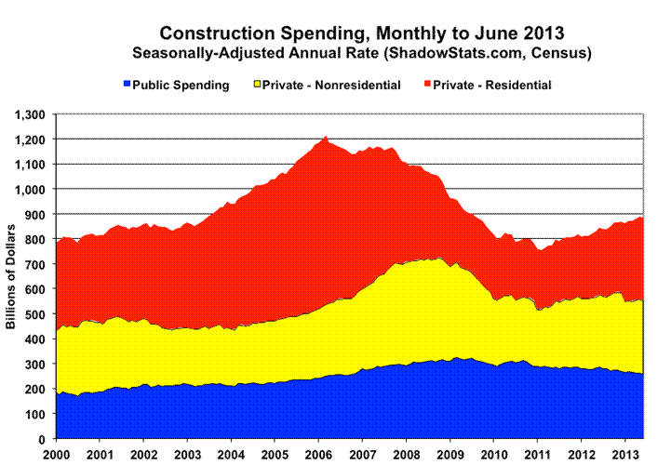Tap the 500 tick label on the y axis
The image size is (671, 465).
click(x=39, y=314)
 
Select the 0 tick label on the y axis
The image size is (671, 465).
click(x=47, y=439)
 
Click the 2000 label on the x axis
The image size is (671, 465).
click(x=58, y=454)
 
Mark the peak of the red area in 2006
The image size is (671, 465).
click(x=326, y=138)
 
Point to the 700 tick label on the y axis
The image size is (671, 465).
click(x=39, y=264)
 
